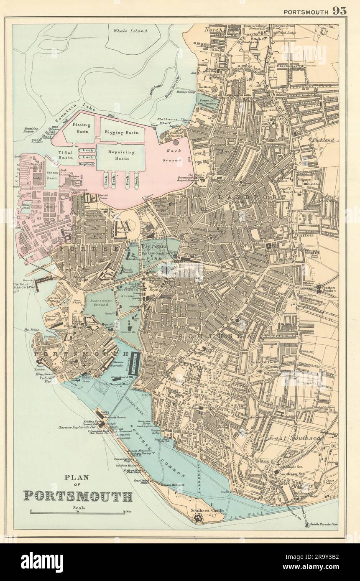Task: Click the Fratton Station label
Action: click(329, 290)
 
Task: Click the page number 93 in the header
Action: click(339, 11)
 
